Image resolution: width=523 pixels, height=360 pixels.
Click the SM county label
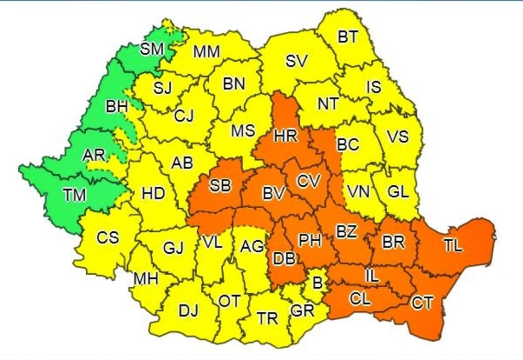click(152, 50)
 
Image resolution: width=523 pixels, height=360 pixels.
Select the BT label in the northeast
click(348, 37)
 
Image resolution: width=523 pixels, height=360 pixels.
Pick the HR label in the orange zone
click(286, 136)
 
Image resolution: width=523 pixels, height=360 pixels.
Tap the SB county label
click(220, 186)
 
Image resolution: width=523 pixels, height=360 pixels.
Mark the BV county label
click(274, 193)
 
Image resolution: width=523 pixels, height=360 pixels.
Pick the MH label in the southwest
click(145, 278)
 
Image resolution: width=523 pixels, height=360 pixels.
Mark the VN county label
click(359, 192)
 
